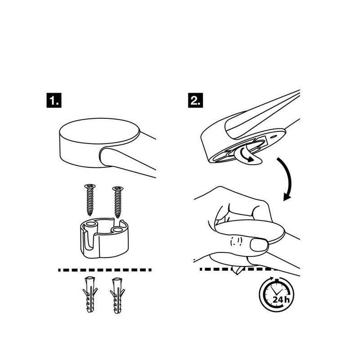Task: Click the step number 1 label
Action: point(54,100)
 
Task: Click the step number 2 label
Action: point(195,100)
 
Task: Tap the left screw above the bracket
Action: point(90,200)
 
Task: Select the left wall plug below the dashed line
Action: point(90,295)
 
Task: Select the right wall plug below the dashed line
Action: point(117,296)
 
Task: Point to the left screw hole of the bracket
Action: point(91,224)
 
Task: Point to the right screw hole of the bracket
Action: point(118,229)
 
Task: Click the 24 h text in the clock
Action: point(281,300)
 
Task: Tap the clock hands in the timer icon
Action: point(276,291)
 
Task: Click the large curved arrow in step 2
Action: point(287,178)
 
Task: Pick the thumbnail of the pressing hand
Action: point(259,245)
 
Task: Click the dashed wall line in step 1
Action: point(105,270)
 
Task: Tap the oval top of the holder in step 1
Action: point(99,132)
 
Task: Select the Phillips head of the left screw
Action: point(90,186)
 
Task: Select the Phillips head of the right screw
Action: point(118,189)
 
